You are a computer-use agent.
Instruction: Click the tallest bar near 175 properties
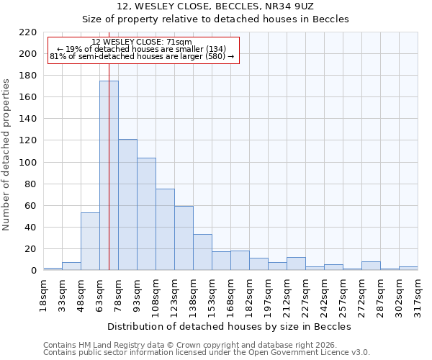pyautogui.click(x=109, y=176)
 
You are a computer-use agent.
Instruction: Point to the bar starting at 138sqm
pyautogui.click(x=202, y=253)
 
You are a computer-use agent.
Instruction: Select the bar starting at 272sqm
pyautogui.click(x=371, y=266)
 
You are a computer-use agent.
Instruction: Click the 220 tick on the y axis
pyautogui.click(x=28, y=32)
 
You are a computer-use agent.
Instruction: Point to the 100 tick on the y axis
pyautogui.click(x=28, y=163)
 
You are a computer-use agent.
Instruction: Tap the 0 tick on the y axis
pyautogui.click(x=33, y=271)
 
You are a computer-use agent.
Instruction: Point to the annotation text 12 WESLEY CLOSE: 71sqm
pyautogui.click(x=142, y=42)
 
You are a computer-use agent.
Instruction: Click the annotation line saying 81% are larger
pyautogui.click(x=142, y=56)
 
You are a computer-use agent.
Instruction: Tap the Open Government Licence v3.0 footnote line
pyautogui.click(x=207, y=353)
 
